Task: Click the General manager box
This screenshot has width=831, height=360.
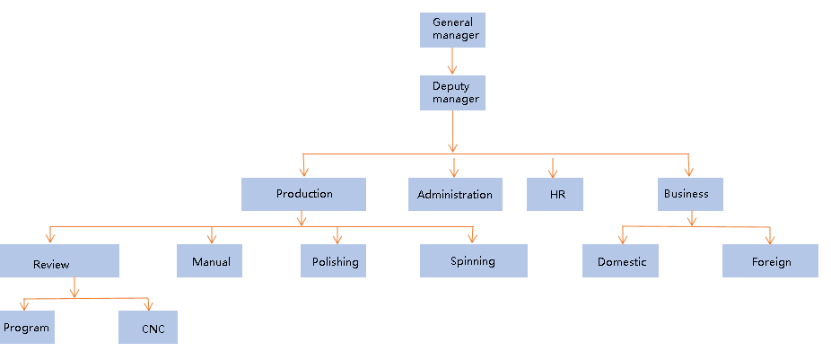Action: coord(452,30)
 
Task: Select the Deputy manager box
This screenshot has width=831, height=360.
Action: coord(452,92)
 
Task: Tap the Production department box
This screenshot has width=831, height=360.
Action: coord(303,194)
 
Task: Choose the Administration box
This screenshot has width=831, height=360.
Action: coord(454,194)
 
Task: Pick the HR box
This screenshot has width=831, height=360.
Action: coord(555,194)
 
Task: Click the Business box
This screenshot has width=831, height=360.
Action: coord(689,194)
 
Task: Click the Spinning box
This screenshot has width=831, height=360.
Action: coord(473,260)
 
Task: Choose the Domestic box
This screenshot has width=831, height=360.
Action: coord(620,261)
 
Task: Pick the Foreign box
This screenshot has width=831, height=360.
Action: coord(770,261)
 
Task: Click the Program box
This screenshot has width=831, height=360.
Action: coord(26,328)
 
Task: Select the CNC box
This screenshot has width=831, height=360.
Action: coord(148,328)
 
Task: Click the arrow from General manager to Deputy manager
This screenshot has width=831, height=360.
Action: coord(452,61)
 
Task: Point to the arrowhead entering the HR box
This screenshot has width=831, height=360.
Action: coord(553,172)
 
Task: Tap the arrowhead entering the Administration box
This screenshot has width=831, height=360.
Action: coord(454,171)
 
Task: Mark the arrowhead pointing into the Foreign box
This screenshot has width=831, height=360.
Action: coord(769,239)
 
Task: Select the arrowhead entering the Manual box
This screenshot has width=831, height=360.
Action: coord(212,239)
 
